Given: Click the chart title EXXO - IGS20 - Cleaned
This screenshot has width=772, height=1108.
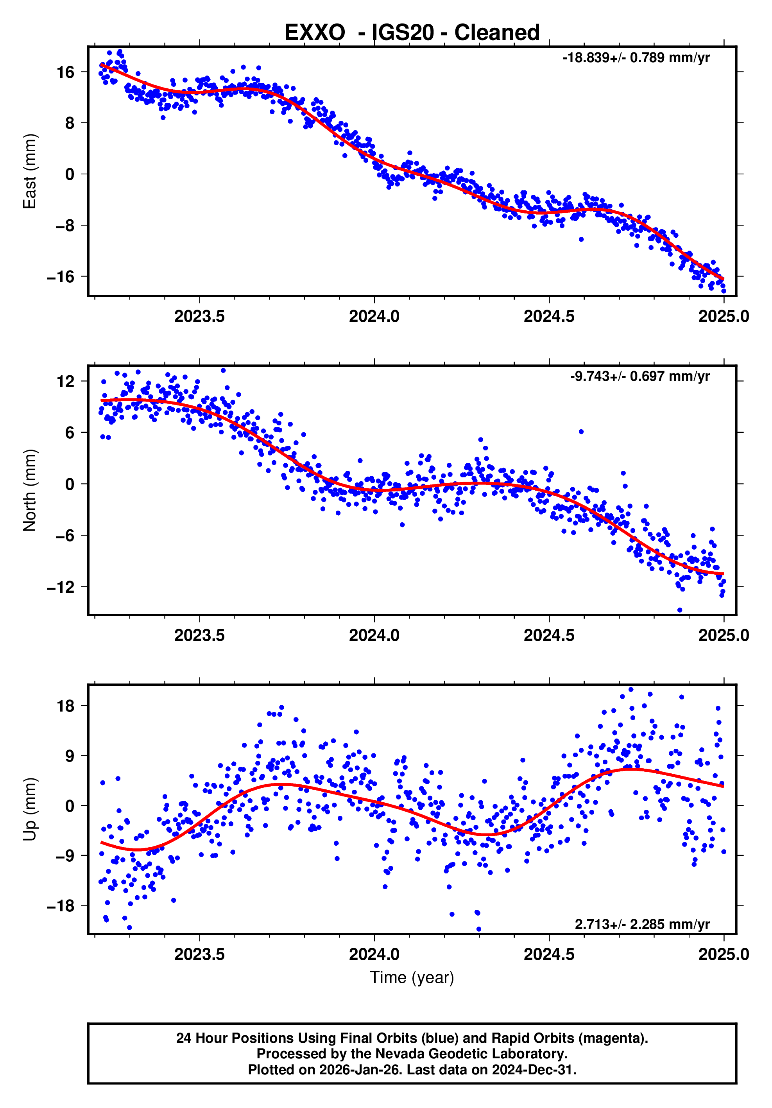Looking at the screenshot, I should (412, 33).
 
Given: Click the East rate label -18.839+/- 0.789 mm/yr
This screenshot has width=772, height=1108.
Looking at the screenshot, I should (636, 58).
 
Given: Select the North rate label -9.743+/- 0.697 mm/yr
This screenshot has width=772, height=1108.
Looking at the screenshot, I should (639, 377).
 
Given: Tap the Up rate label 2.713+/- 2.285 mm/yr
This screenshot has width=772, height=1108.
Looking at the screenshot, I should (642, 924).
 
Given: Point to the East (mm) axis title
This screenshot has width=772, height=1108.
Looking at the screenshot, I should (30, 171).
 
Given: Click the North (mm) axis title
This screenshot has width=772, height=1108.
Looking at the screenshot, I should (30, 490).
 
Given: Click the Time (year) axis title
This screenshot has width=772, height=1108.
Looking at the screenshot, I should (412, 977).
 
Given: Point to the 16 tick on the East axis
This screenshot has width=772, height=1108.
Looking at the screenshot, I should (66, 72).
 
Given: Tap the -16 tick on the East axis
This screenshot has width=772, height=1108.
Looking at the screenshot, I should (61, 277).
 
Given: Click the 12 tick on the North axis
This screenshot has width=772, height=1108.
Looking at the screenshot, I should (66, 382).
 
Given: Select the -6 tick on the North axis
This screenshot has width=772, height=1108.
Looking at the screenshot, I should (64, 536).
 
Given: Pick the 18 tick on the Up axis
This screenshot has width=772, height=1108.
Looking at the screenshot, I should (66, 706).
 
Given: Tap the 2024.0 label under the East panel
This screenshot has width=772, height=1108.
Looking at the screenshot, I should (374, 317).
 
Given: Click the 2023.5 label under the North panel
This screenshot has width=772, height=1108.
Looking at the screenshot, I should (199, 635).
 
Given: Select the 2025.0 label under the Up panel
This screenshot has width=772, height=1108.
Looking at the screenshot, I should (723, 954).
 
